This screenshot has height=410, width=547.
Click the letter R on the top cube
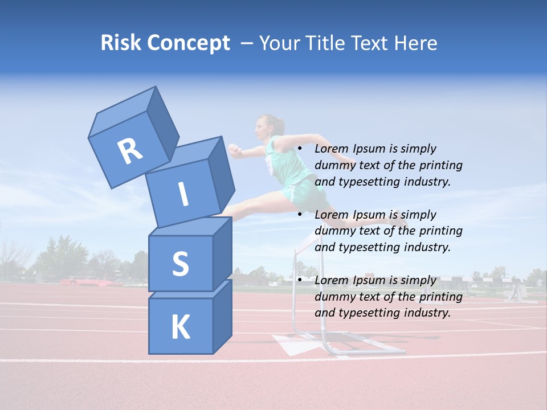tap(130, 151)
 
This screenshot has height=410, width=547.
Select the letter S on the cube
tap(180, 264)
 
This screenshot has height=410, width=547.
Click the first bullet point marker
tap(300, 149)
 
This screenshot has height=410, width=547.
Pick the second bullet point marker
tap(300, 215)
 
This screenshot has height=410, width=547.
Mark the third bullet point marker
tap(300, 280)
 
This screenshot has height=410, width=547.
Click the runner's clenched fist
tap(234, 149)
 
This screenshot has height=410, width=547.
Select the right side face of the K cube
tap(222, 316)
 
